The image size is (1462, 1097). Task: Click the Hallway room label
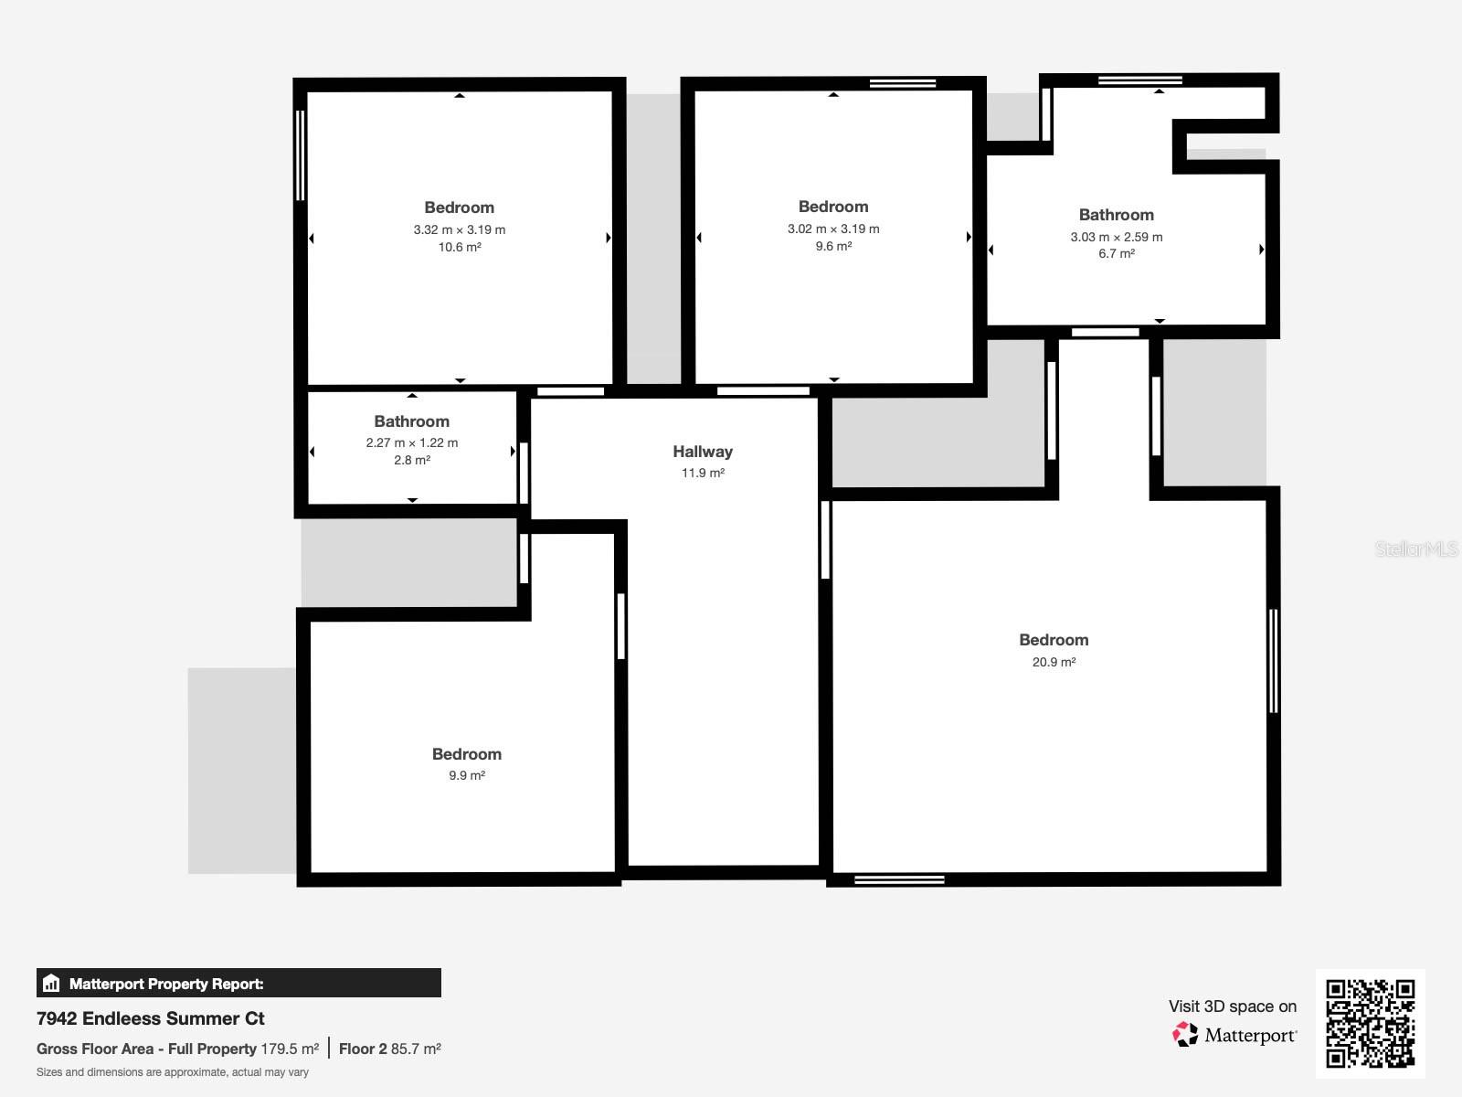click(x=703, y=452)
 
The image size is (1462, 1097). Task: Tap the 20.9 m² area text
click(x=1054, y=662)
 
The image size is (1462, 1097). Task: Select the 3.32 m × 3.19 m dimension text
click(x=459, y=230)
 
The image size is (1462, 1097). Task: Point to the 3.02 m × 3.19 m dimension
click(x=833, y=229)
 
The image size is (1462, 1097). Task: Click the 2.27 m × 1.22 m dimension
click(x=412, y=442)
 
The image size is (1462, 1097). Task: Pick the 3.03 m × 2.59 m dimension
click(x=1117, y=237)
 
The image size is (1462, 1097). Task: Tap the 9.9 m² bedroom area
click(x=466, y=775)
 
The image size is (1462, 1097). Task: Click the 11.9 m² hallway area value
click(x=703, y=473)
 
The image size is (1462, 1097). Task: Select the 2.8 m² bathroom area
click(x=412, y=460)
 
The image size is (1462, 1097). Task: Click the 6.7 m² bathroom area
click(x=1117, y=253)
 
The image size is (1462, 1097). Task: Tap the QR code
click(x=1370, y=1023)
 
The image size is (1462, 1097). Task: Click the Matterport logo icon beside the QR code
click(x=1185, y=1034)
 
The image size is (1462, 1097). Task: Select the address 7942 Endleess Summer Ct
click(x=151, y=1018)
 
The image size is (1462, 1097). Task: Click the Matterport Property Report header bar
click(x=238, y=984)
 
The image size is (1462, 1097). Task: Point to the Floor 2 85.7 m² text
click(x=390, y=1049)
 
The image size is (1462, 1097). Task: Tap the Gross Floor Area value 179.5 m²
click(x=290, y=1049)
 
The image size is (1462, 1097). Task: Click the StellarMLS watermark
click(x=1416, y=548)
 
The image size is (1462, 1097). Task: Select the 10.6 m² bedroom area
click(x=459, y=247)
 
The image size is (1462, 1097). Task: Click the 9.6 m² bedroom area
click(x=833, y=246)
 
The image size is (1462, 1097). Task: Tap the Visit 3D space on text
click(x=1232, y=1006)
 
